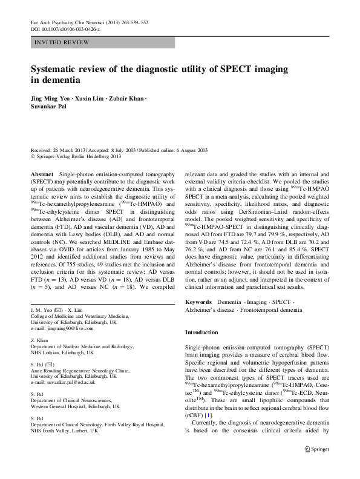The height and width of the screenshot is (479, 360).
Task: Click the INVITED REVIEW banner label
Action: (62, 42)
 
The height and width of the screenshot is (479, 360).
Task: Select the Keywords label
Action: (198, 301)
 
